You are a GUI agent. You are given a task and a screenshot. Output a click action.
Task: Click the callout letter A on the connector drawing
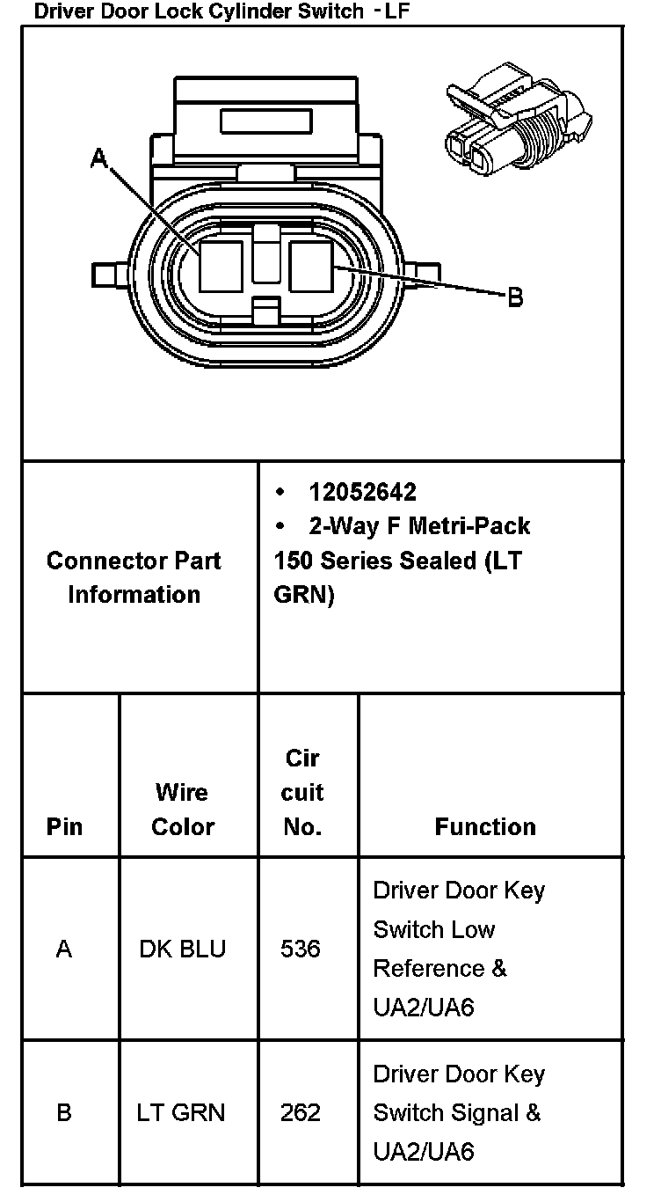[99, 158]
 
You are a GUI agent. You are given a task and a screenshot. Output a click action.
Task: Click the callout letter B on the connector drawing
[515, 297]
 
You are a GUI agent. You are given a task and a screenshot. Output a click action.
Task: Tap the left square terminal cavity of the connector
[221, 266]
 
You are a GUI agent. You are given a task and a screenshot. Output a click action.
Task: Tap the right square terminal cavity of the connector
[311, 266]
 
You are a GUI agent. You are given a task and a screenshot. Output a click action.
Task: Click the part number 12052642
[362, 492]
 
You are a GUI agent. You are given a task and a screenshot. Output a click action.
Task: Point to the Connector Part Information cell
[134, 577]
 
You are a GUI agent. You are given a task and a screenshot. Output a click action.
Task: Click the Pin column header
[64, 826]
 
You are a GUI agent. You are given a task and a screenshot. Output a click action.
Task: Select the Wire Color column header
[183, 809]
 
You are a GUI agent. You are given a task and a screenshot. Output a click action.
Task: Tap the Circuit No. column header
[302, 792]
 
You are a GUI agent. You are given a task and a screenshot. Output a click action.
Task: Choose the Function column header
[485, 826]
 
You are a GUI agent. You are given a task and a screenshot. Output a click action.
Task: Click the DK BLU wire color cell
[183, 949]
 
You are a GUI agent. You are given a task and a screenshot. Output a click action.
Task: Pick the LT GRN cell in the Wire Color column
[181, 1112]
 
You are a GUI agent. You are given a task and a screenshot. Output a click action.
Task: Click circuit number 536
[301, 949]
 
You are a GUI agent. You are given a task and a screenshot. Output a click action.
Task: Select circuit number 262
[301, 1112]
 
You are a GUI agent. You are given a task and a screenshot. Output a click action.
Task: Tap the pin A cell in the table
[64, 949]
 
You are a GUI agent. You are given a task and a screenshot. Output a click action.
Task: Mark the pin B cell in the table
[64, 1112]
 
